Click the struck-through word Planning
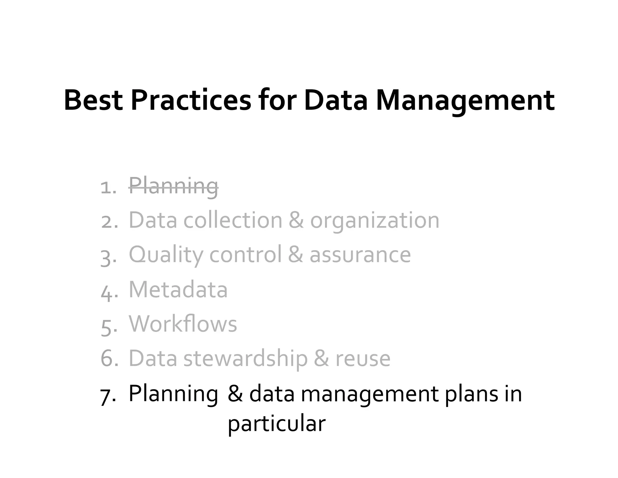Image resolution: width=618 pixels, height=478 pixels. [x=174, y=186]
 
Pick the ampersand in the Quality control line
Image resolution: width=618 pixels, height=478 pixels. [x=295, y=255]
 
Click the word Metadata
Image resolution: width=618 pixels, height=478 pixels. [x=178, y=290]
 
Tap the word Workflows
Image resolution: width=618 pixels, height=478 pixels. [x=183, y=324]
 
